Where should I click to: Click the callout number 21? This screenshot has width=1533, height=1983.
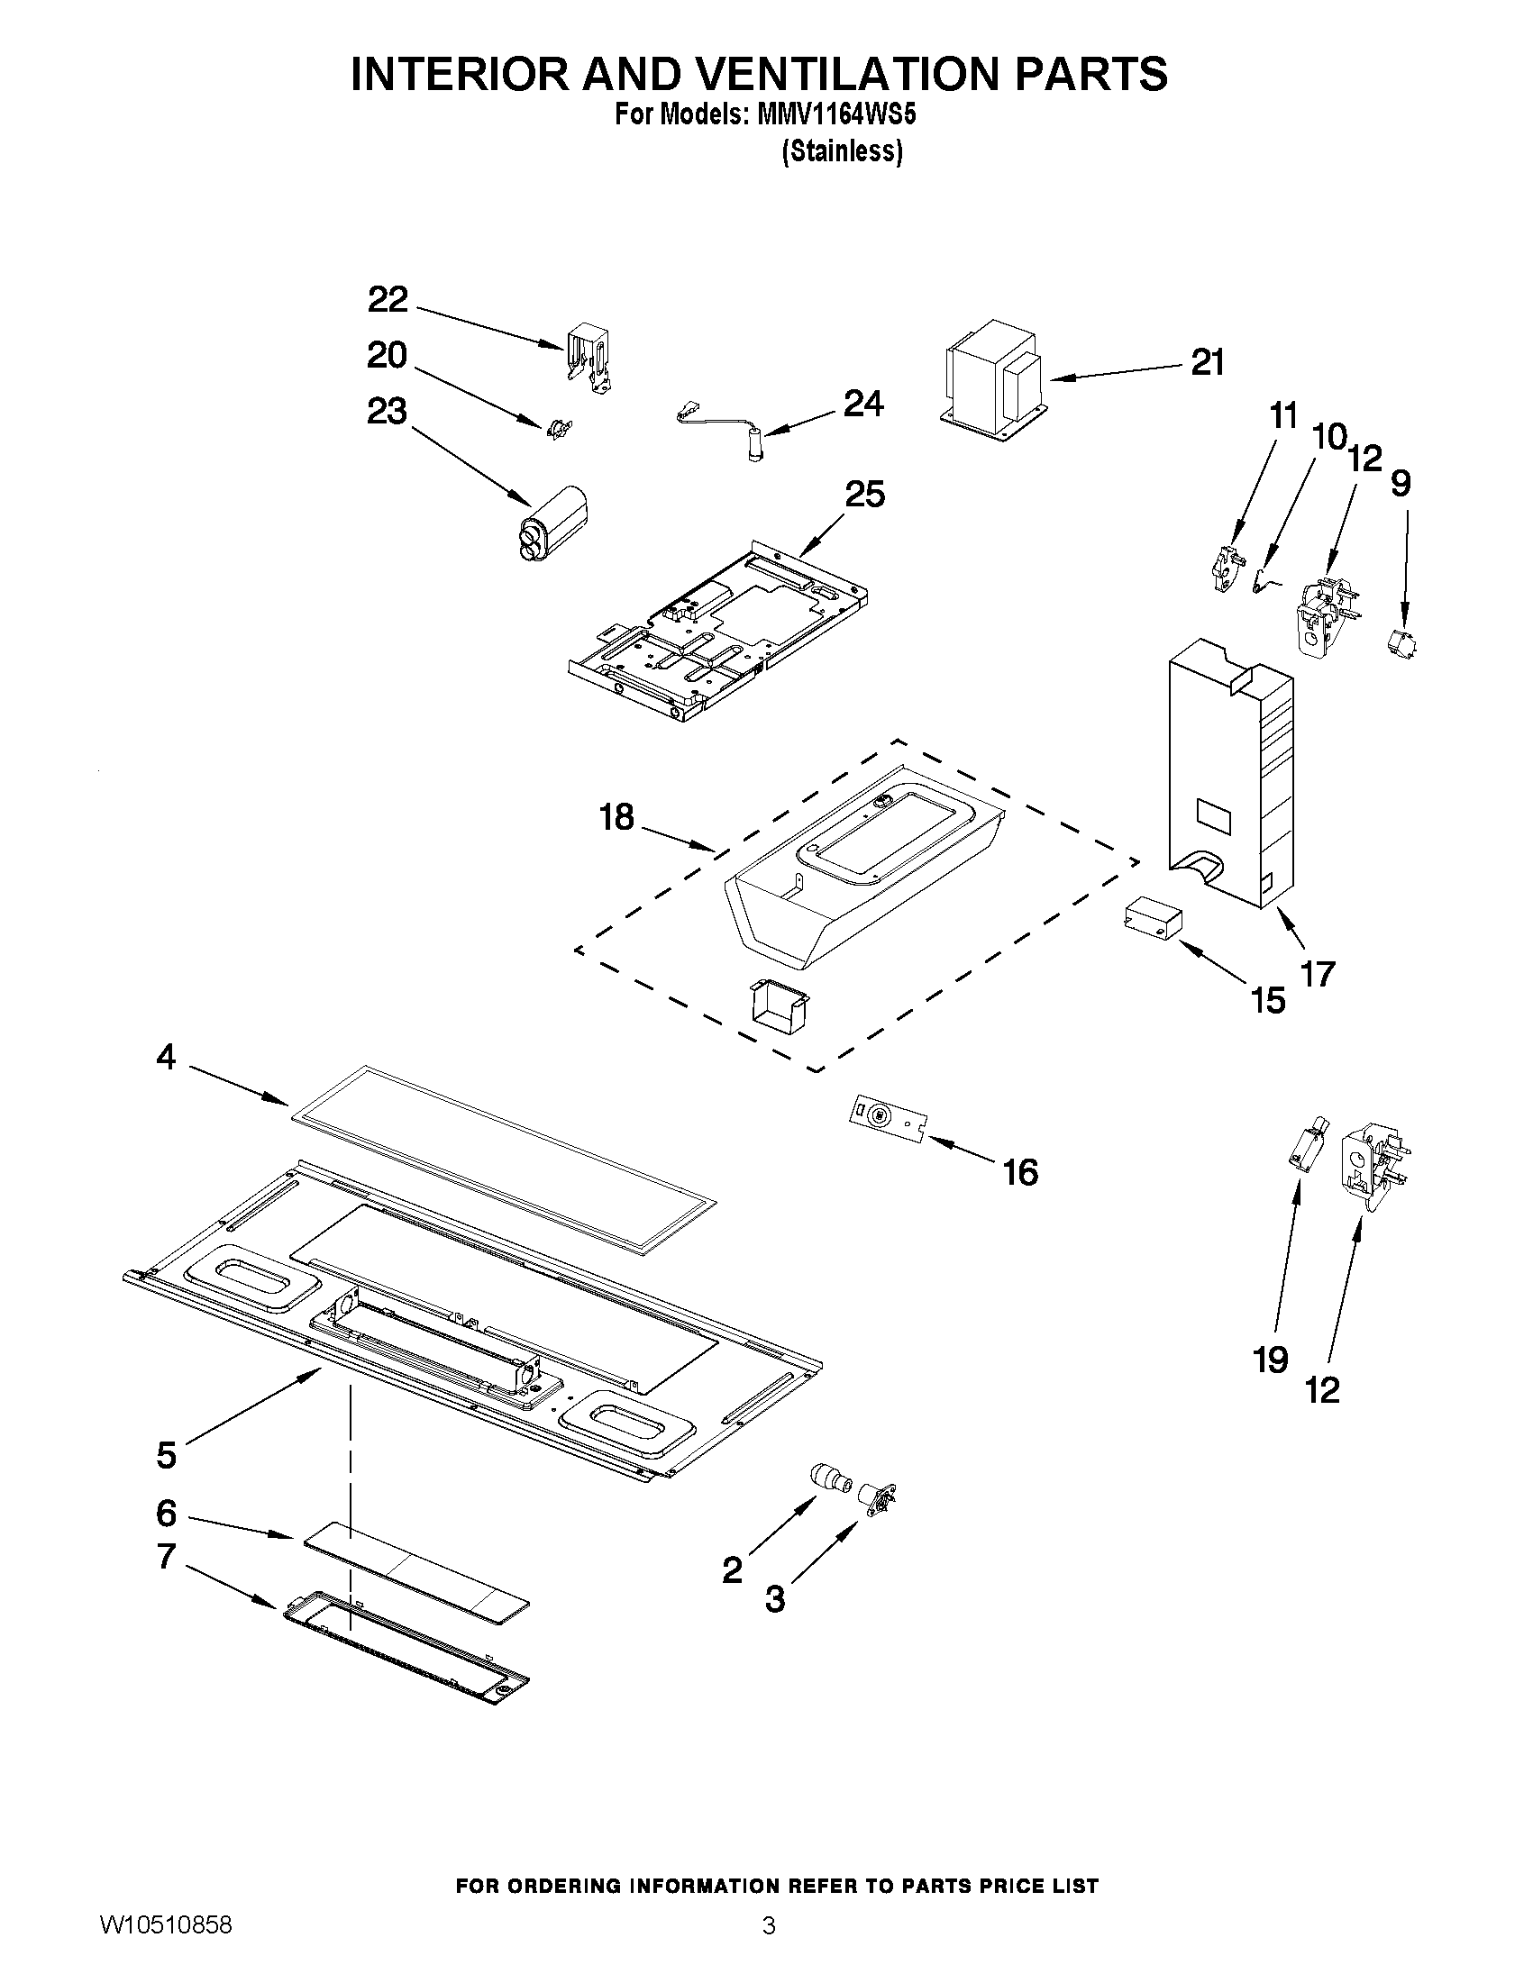1207,363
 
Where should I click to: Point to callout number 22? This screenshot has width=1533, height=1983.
388,300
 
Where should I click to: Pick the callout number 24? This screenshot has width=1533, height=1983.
862,404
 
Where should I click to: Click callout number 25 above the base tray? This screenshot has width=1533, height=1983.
864,495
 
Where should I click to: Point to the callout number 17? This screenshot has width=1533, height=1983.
1317,974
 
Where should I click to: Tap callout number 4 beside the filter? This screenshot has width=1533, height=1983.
165,1057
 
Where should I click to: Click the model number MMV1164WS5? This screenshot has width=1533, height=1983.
836,115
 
